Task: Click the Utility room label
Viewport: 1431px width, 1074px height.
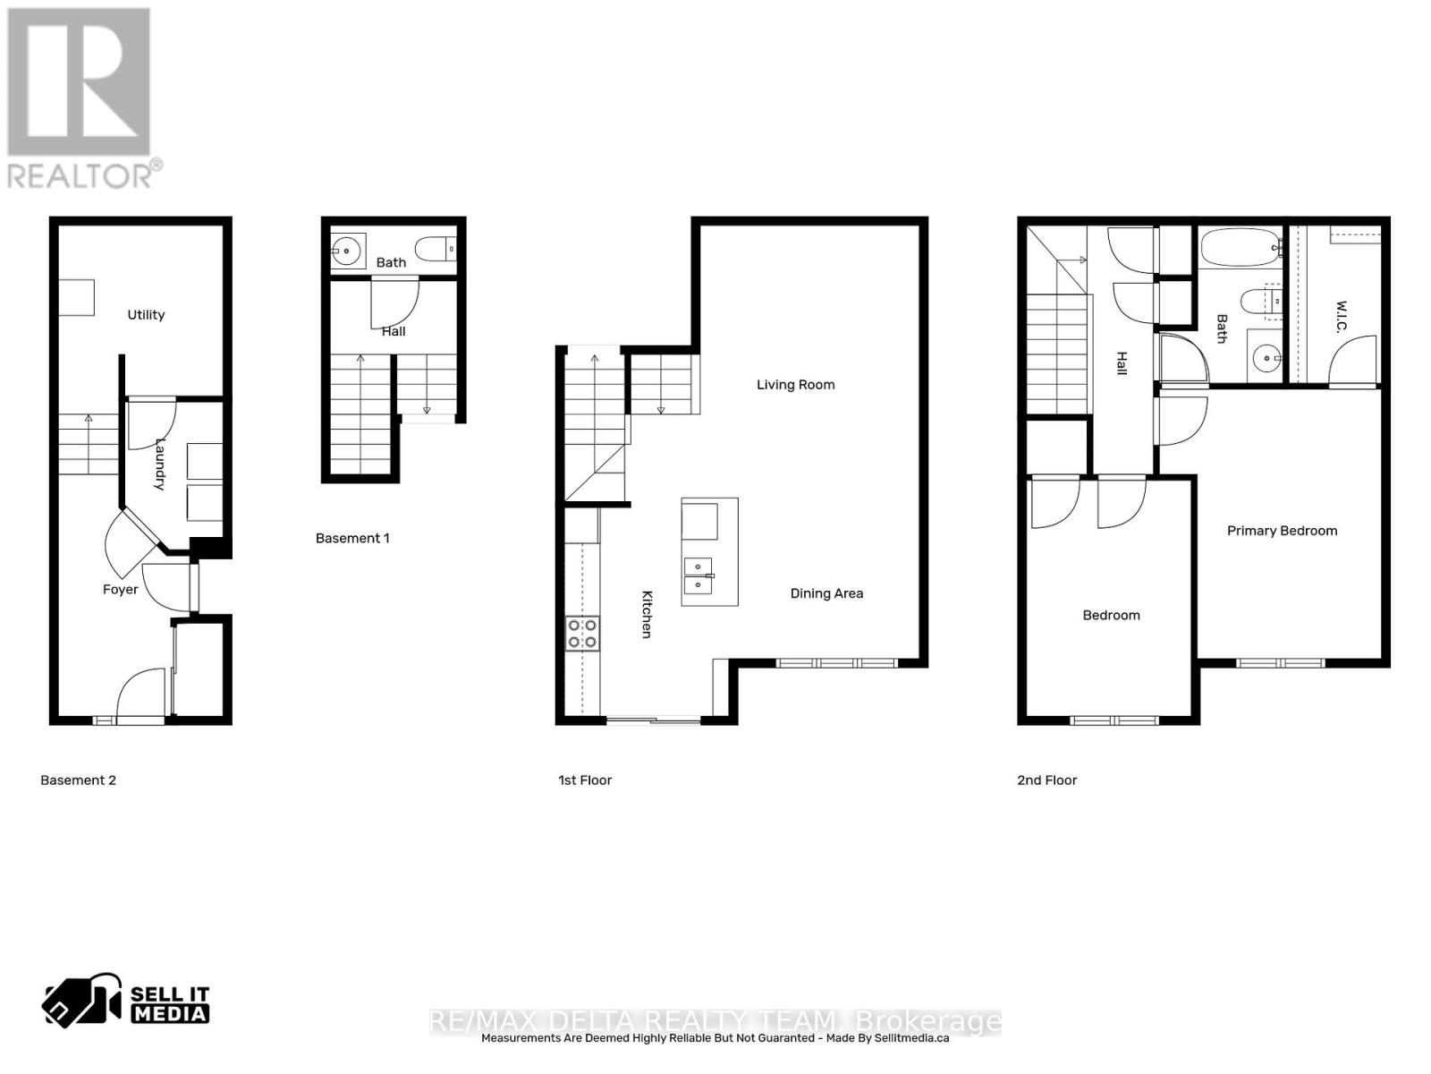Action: (x=146, y=315)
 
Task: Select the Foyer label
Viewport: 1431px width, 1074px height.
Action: (x=120, y=590)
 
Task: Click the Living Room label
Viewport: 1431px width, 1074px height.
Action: (x=795, y=385)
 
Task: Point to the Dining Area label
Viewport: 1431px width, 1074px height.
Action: (x=826, y=593)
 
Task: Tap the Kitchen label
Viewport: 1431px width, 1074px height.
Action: (x=647, y=614)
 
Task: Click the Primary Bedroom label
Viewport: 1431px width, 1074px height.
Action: (x=1282, y=531)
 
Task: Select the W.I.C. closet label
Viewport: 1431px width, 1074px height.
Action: (x=1342, y=316)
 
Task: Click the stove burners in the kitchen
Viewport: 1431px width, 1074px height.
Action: (x=582, y=634)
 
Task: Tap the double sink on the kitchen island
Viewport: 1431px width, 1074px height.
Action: (x=698, y=575)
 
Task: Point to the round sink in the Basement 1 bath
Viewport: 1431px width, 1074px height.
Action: (x=347, y=251)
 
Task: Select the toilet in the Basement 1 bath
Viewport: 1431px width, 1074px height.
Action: (x=438, y=248)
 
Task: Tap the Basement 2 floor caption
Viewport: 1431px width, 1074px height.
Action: (x=78, y=780)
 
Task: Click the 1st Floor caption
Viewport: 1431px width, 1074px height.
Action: (x=585, y=780)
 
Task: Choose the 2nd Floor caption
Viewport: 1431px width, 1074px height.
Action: (x=1046, y=780)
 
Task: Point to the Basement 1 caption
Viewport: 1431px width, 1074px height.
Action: (x=352, y=539)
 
